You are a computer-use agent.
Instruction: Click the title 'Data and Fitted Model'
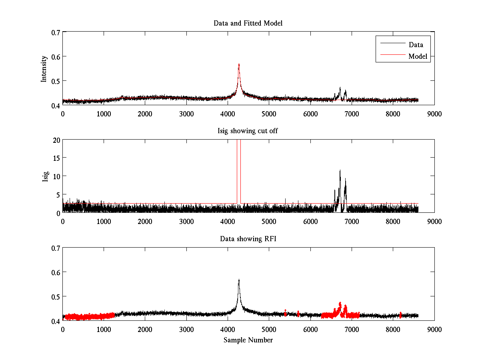coord(248,23)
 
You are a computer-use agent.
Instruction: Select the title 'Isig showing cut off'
coord(248,131)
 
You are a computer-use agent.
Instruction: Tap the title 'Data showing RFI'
coord(248,239)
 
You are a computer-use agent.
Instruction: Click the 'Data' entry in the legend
coord(416,45)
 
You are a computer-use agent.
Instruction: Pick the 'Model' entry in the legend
coord(418,56)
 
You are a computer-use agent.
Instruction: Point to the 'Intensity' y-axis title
coord(44,68)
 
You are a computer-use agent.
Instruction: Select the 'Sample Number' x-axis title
coord(248,340)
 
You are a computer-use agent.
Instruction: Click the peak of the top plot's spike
coord(239,64)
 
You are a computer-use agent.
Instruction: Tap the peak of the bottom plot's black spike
coord(239,280)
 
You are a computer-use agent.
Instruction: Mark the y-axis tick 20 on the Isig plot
coord(56,140)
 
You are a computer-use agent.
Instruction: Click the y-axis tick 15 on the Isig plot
coord(56,158)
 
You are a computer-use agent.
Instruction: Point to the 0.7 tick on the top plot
coord(54,32)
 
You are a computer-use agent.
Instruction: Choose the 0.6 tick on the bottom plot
coord(54,272)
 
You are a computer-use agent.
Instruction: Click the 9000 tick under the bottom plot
coord(434,329)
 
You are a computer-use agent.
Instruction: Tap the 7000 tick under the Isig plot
coord(352,221)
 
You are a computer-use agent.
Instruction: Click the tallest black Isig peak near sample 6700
coord(340,170)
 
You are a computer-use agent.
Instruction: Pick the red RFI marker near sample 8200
coord(400,315)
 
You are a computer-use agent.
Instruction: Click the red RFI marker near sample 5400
coord(285,312)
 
